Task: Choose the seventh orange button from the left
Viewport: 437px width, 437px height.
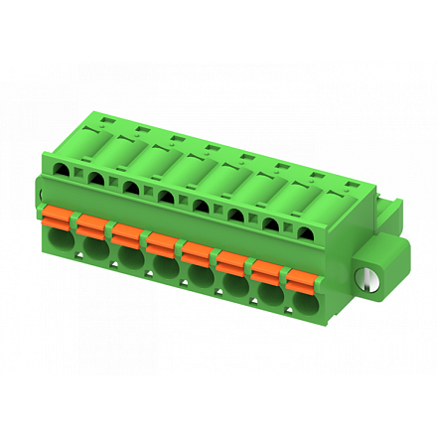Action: [x=265, y=265]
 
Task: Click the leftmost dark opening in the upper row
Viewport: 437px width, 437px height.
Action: [x=64, y=171]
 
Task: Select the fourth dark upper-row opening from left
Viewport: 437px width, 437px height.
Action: [x=166, y=198]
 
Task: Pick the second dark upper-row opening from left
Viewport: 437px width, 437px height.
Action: [x=97, y=180]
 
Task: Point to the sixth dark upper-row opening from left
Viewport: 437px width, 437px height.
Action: [x=235, y=215]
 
